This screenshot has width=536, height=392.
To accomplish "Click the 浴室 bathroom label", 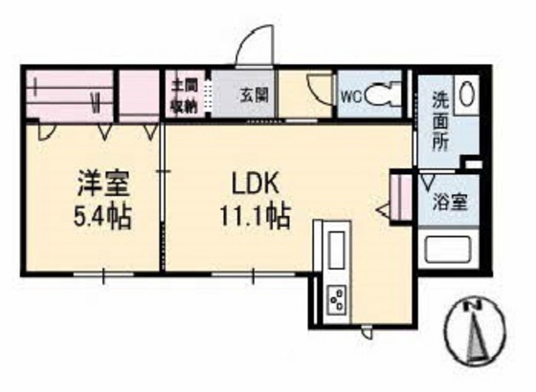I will (450, 204).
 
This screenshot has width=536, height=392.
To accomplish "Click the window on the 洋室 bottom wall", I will (103, 274).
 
